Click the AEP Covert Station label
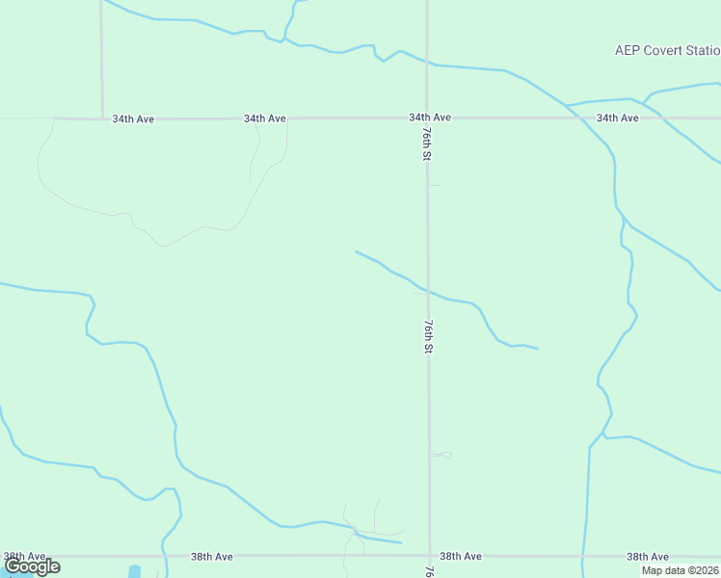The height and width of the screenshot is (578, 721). pyautogui.click(x=667, y=50)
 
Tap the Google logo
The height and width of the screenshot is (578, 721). pyautogui.click(x=32, y=566)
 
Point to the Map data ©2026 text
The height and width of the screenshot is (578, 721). pyautogui.click(x=681, y=570)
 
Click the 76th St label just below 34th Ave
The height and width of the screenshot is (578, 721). pyautogui.click(x=425, y=144)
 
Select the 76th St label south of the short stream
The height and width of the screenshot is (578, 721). pyautogui.click(x=426, y=336)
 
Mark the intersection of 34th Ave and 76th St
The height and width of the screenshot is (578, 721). pyautogui.click(x=427, y=118)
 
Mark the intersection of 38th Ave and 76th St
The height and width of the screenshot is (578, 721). pyautogui.click(x=429, y=556)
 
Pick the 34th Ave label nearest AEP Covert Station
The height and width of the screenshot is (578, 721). pyautogui.click(x=617, y=118)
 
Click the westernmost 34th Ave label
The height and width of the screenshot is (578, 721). pyautogui.click(x=133, y=119)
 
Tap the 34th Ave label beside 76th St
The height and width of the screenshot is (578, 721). pyautogui.click(x=430, y=118)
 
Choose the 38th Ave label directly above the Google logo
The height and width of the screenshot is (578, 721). pyautogui.click(x=24, y=557)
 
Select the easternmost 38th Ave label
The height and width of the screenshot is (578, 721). pyautogui.click(x=648, y=557)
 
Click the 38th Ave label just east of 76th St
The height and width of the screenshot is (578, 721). pyautogui.click(x=461, y=557)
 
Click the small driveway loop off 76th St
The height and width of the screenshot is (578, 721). pyautogui.click(x=442, y=455)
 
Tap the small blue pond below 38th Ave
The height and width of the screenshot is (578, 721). pyautogui.click(x=134, y=571)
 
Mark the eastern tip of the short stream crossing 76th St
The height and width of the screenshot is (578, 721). pyautogui.click(x=537, y=348)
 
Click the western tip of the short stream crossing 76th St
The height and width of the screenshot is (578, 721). pyautogui.click(x=356, y=251)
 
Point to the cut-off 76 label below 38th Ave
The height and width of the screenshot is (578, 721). pyautogui.click(x=428, y=571)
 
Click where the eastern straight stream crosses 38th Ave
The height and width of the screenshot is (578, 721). pyautogui.click(x=583, y=556)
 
